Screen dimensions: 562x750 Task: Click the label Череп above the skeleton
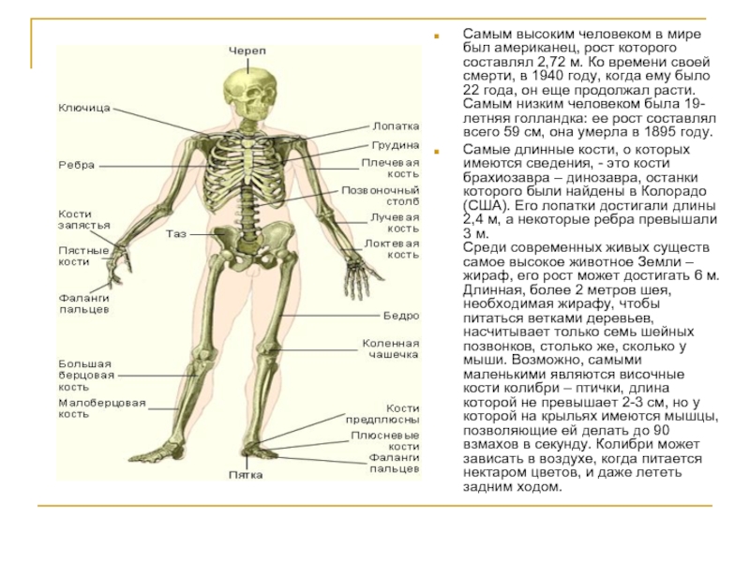click(247, 49)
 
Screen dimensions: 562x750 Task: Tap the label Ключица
click(84, 108)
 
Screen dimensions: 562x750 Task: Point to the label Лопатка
click(396, 126)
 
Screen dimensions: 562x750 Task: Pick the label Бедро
click(401, 316)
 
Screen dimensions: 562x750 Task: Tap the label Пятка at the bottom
click(246, 475)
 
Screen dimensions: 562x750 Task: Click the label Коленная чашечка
click(391, 349)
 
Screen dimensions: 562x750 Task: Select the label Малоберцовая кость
click(101, 408)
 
